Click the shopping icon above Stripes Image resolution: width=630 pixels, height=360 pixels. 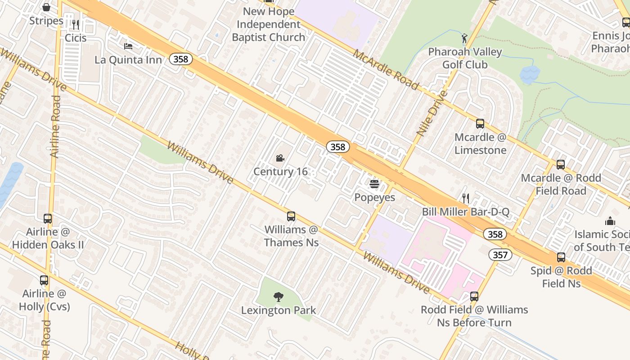click(46, 7)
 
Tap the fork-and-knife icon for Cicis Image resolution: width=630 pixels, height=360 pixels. click(76, 24)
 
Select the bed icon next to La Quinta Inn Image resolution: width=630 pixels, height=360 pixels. click(128, 46)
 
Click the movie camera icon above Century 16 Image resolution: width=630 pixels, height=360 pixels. click(280, 158)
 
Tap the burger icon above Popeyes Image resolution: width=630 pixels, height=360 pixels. click(374, 184)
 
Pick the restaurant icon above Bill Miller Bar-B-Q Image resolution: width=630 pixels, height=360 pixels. click(466, 198)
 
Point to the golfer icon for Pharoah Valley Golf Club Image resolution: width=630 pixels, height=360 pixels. click(464, 38)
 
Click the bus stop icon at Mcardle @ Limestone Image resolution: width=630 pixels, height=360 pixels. click(480, 124)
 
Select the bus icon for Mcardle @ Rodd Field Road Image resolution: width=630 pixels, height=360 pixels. click(561, 165)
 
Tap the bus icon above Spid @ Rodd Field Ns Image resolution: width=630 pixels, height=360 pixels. click(561, 257)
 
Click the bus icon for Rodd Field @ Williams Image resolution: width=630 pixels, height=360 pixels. click(474, 297)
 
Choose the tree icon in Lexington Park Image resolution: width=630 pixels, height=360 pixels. click(279, 297)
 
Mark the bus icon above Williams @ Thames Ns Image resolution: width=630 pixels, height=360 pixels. click(291, 216)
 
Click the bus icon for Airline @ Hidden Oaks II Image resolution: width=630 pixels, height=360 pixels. click(48, 219)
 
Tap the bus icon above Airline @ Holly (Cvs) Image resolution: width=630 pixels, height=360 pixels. click(44, 280)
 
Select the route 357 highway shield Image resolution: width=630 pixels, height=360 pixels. click(500, 255)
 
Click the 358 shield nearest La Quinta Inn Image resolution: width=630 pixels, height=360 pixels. click(181, 59)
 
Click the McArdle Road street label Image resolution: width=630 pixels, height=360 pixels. click(386, 70)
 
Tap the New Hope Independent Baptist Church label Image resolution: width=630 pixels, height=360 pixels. click(269, 24)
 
